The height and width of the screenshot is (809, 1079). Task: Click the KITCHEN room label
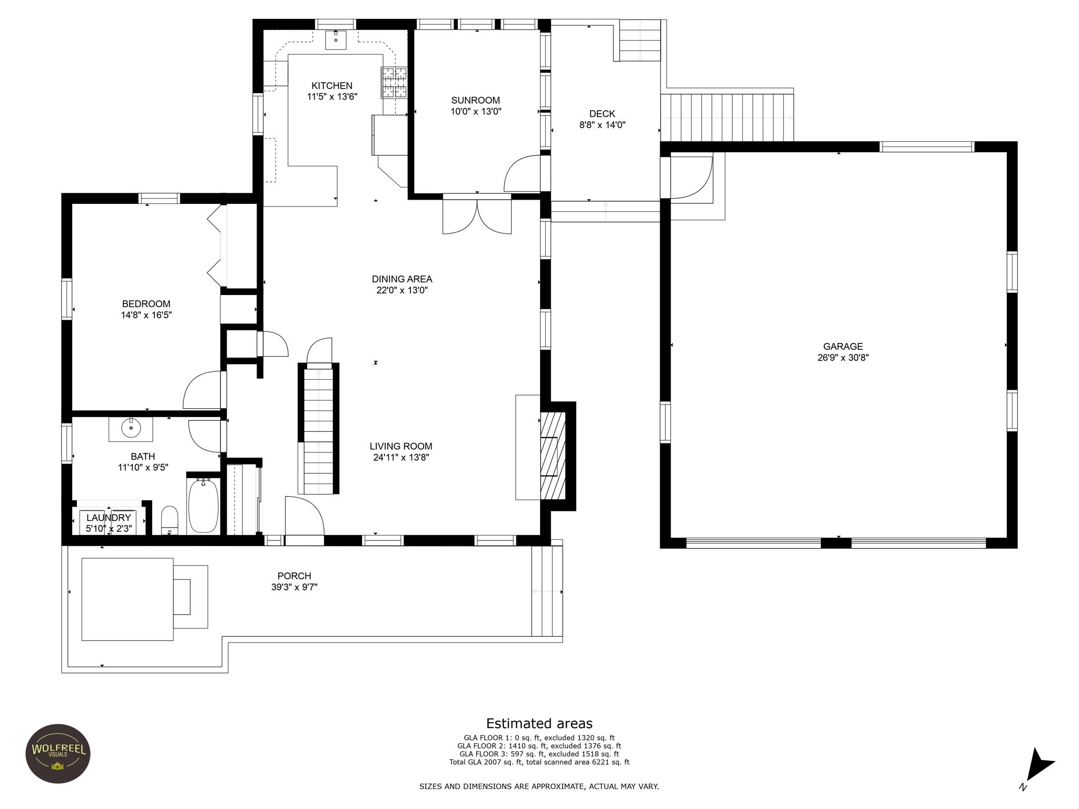tap(332, 86)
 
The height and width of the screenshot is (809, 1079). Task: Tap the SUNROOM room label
tap(475, 101)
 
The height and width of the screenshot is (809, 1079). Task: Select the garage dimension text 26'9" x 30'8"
tap(843, 358)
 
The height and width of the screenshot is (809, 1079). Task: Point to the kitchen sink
tap(336, 40)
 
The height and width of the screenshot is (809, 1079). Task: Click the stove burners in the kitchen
tap(395, 83)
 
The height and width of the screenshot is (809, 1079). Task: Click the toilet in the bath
tap(170, 520)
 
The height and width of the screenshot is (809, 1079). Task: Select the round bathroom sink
tap(130, 428)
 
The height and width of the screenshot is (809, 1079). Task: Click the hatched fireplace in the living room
tap(553, 456)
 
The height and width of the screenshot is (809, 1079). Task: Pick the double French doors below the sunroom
tap(477, 214)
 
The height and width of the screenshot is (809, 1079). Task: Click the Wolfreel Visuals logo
tap(58, 753)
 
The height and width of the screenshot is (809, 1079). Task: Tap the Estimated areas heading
tap(539, 723)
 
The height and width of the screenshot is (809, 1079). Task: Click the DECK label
tap(602, 114)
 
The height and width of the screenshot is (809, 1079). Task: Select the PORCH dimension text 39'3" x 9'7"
tap(295, 587)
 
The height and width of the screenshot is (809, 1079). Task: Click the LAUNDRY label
tap(109, 518)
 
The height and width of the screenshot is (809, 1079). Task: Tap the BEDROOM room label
tap(146, 304)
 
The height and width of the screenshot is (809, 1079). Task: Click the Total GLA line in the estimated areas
tap(539, 762)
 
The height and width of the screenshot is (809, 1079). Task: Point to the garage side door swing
tap(691, 177)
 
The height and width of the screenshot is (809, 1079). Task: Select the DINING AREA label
tap(402, 279)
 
